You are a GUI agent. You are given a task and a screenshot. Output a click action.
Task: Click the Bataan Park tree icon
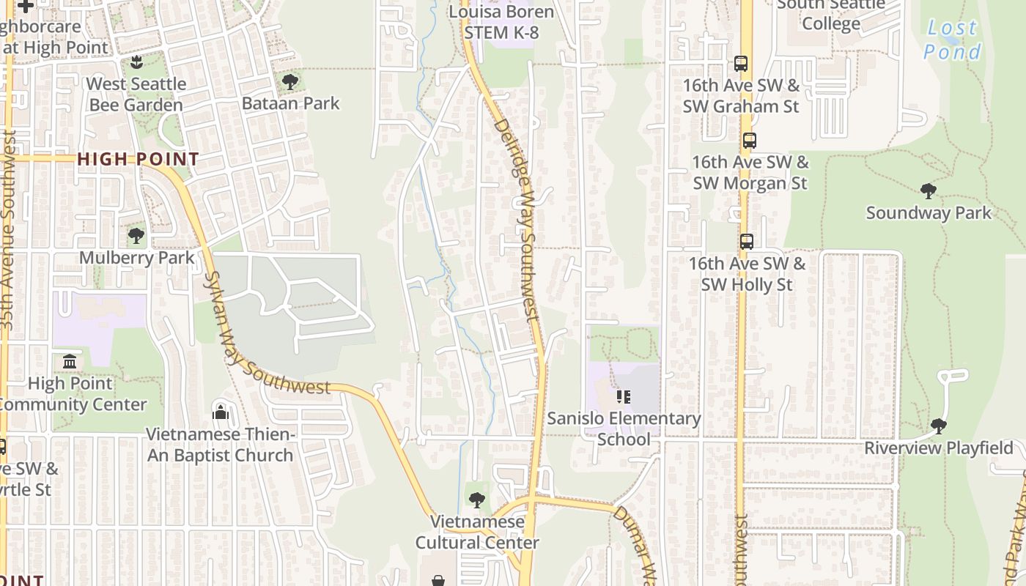290,81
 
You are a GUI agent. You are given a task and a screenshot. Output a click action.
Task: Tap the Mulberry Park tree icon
136,236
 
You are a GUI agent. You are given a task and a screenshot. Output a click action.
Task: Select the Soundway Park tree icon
929,191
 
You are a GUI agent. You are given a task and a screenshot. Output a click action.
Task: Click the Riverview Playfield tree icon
938,426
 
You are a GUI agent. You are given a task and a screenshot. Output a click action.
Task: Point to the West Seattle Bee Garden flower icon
136,62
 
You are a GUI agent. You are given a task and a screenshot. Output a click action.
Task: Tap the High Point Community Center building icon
70,361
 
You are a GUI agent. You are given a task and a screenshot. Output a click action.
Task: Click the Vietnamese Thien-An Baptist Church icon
221,412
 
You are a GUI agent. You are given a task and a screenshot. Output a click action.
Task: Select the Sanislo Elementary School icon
624,397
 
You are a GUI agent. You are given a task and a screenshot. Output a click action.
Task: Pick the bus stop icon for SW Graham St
741,64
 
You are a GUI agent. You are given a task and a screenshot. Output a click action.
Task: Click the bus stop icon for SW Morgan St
749,141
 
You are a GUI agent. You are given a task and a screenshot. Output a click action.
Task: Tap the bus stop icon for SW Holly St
746,242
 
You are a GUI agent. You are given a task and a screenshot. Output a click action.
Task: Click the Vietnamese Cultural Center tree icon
477,500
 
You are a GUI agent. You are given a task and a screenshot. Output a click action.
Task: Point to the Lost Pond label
952,40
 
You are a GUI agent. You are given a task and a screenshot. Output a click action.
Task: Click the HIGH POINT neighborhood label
138,159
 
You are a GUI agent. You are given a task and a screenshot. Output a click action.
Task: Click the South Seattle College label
830,15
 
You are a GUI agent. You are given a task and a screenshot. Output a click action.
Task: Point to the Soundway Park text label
928,213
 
